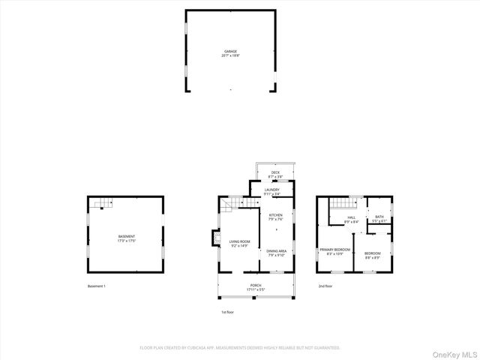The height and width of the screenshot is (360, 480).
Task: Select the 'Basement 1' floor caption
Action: [x=97, y=286]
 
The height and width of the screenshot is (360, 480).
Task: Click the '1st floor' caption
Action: [x=226, y=311]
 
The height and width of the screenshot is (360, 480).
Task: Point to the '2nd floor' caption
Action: [x=325, y=286]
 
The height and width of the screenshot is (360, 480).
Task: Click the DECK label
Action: [x=275, y=174]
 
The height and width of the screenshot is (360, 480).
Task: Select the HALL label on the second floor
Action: [x=351, y=220]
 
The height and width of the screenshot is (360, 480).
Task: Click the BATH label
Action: [x=379, y=218]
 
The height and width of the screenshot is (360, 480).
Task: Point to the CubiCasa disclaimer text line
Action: [x=240, y=348]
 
